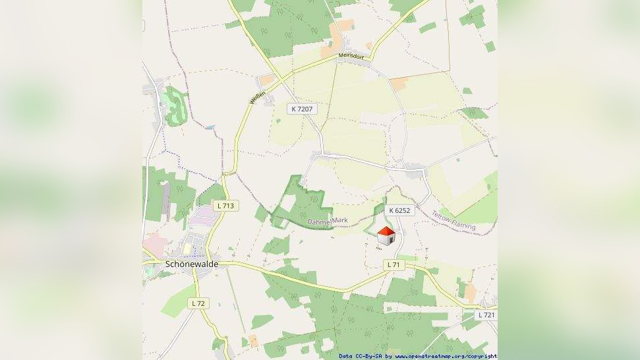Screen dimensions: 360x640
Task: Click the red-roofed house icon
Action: tap(386, 235)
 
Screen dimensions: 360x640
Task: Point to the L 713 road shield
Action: tap(227, 206)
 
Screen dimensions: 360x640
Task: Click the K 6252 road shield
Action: tap(399, 210)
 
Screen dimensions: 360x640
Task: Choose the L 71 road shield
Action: tap(393, 264)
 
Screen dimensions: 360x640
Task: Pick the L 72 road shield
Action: tap(197, 303)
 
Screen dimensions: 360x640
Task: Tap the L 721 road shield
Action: tap(487, 315)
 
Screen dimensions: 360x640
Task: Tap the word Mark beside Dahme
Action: tap(347, 220)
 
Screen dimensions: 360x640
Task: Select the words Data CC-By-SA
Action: tap(359, 356)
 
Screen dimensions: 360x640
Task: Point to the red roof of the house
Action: tap(386, 231)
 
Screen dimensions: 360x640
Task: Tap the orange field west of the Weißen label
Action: tap(267, 80)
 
